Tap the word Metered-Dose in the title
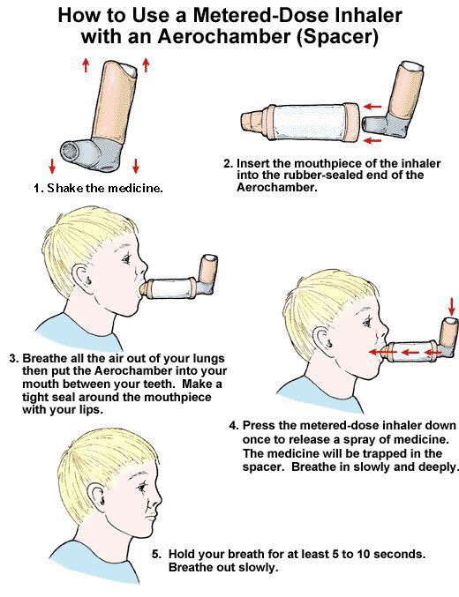[x=261, y=15]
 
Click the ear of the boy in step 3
[x=83, y=278]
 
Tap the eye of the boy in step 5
[x=143, y=487]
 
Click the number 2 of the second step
[x=227, y=164]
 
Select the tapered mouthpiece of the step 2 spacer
[x=252, y=121]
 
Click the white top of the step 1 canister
[x=130, y=70]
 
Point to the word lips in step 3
[x=92, y=410]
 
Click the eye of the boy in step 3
[x=126, y=259]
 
